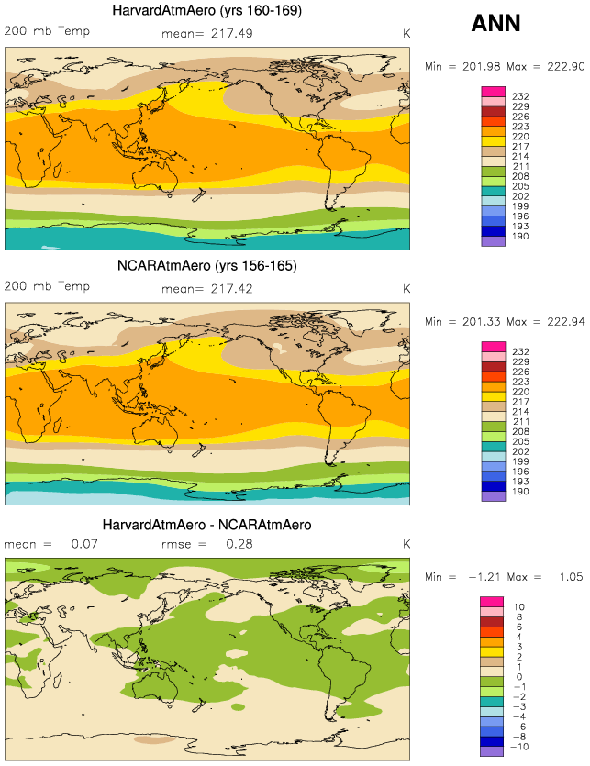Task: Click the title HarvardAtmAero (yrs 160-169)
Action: pos(207,12)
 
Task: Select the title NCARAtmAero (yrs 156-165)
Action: pos(207,266)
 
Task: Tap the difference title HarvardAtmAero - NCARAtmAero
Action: pos(207,525)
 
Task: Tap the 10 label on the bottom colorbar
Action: pos(518,607)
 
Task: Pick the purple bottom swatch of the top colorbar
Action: pos(493,241)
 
